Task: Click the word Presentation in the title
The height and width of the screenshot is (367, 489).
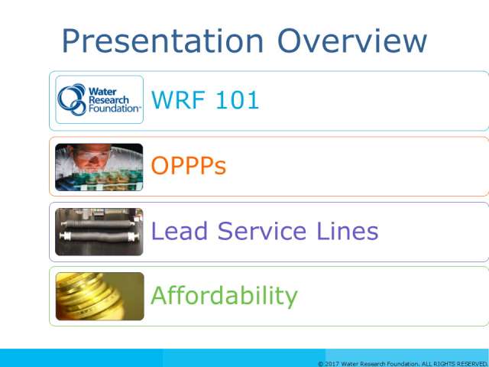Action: pos(163,41)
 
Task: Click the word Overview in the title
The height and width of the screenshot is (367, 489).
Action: pos(352,41)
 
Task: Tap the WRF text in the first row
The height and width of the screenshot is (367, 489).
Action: pos(178,100)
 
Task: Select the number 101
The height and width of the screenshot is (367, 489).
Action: pos(238,100)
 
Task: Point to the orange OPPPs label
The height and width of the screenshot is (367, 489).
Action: pos(189,165)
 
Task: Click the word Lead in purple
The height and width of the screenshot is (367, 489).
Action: pos(179,231)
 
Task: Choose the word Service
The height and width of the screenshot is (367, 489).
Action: pos(262,231)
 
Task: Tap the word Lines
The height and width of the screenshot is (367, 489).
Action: pos(347,231)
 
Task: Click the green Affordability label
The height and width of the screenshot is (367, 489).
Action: pos(224,296)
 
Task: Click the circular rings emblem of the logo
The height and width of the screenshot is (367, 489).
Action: pos(72,99)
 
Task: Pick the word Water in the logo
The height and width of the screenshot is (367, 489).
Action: pos(102,92)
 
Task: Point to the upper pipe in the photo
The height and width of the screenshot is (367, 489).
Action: pos(98,223)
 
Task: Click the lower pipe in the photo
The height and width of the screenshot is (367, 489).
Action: pos(99,237)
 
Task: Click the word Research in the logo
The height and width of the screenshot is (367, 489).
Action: pos(108,100)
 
